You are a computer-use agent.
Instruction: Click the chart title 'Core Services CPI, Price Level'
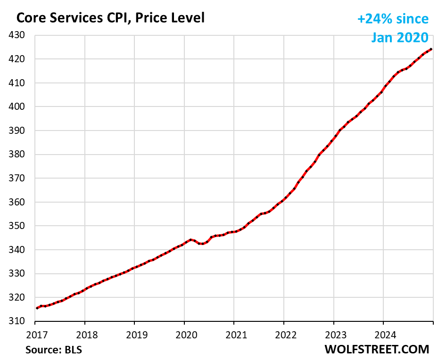110,18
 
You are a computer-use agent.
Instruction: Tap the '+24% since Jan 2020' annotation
393,28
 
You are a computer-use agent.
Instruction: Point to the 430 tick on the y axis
21,35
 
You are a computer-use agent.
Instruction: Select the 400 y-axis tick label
21,107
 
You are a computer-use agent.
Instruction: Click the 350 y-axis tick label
21,226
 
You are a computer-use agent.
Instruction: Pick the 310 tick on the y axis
21,321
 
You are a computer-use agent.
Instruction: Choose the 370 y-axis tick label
21,179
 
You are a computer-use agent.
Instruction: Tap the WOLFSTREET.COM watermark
377,349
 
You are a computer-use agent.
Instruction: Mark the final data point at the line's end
431,49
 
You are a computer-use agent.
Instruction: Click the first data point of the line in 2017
37,308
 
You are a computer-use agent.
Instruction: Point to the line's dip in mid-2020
201,244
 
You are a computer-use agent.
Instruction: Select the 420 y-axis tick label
21,59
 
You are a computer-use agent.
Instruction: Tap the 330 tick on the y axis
21,274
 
